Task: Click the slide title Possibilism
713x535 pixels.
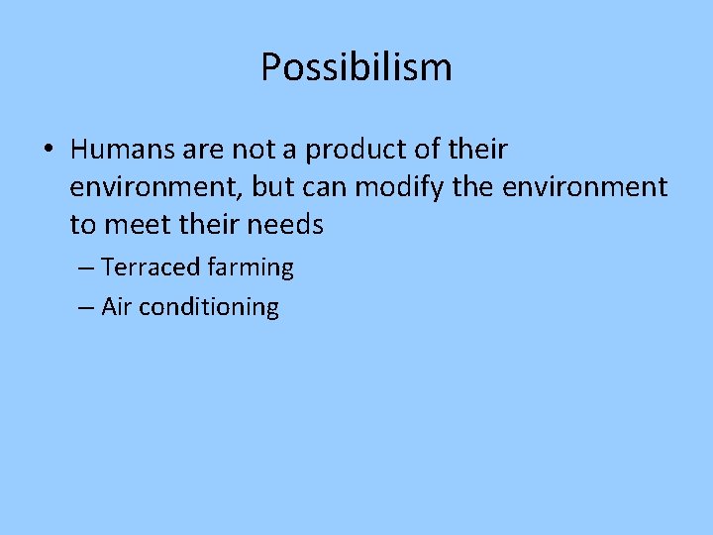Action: click(356, 67)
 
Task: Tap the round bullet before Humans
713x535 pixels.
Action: click(49, 151)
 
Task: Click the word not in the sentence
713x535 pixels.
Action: click(252, 150)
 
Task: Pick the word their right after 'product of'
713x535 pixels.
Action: click(476, 150)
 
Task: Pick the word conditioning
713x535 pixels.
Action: click(209, 308)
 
